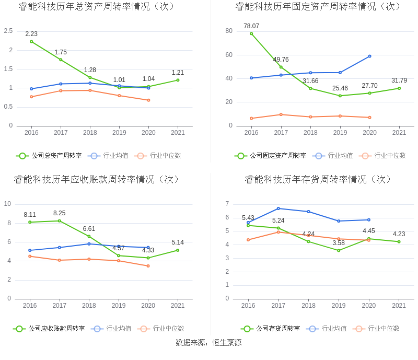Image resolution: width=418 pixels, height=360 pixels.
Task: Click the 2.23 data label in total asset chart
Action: pos(31,34)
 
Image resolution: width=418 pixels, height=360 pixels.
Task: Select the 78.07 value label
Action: pos(251,26)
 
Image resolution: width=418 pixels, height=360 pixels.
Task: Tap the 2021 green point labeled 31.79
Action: pos(399,88)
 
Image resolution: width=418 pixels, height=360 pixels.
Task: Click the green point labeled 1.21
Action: pos(178,80)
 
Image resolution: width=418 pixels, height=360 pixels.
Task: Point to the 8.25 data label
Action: pos(59,213)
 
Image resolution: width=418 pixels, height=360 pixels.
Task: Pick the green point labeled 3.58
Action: pos(339,250)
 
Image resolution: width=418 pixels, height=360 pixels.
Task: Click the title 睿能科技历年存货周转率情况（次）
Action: pos(318,179)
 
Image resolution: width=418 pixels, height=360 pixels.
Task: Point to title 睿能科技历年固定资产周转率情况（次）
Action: pos(318,6)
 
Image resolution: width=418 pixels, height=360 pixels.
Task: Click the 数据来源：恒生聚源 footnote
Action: pos(208,343)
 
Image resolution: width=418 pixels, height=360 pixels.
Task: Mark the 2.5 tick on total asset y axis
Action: pos(8,31)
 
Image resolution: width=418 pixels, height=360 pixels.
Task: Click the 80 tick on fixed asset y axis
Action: pos(229,31)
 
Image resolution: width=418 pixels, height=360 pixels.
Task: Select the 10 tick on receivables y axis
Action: pos(8,204)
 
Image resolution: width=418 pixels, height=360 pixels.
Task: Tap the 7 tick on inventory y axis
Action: pos(227,204)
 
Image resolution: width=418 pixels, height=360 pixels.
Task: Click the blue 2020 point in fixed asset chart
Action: pos(369,56)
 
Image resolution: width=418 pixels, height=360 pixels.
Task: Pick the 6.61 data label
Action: pos(89,229)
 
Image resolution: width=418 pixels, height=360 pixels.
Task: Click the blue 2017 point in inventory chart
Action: pos(278,208)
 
